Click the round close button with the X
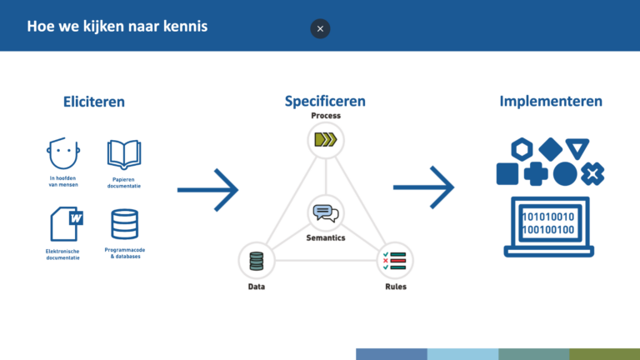tap(320, 28)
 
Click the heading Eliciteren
tap(94, 102)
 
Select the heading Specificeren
tap(325, 101)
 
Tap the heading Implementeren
tap(551, 101)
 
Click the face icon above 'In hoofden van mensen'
tap(62, 153)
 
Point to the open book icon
tap(124, 155)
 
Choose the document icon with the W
tap(67, 223)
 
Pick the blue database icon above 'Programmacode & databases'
tap(124, 224)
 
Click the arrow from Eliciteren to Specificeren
tap(207, 190)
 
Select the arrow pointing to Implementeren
tap(423, 187)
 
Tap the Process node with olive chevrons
tap(326, 140)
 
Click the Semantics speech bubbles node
tap(326, 213)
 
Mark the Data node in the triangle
tap(257, 261)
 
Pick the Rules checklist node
tap(395, 261)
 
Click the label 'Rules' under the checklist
tap(396, 287)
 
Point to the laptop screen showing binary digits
tap(548, 223)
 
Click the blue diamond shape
tap(551, 149)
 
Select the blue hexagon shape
tap(522, 149)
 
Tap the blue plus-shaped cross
tap(536, 174)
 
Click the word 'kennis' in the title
tap(185, 26)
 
